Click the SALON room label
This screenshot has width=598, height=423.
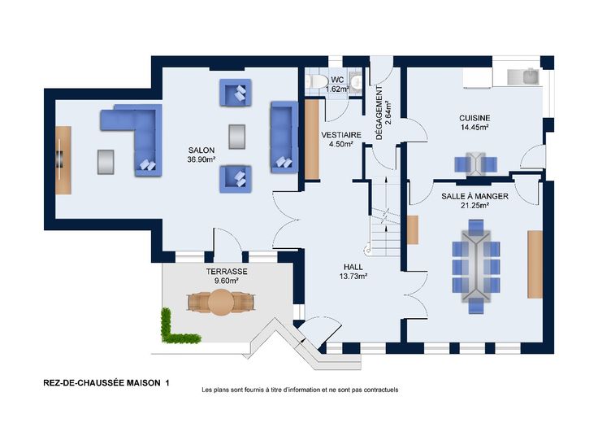201,150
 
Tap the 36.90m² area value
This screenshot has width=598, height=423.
201,159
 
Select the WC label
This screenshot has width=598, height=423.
337,80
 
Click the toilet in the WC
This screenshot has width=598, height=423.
316,81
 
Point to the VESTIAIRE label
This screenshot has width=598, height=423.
341,135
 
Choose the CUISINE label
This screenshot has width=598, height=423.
474,118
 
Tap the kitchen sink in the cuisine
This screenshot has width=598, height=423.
523,76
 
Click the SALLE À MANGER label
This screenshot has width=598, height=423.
474,196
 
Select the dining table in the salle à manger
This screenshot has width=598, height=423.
475,267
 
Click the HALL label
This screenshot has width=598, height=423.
353,267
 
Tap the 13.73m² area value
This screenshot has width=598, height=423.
353,276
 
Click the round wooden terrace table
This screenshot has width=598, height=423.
221,302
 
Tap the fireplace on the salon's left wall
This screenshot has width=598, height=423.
59,159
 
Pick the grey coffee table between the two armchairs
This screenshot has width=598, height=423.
236,137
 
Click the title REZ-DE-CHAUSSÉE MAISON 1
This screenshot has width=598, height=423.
106,382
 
